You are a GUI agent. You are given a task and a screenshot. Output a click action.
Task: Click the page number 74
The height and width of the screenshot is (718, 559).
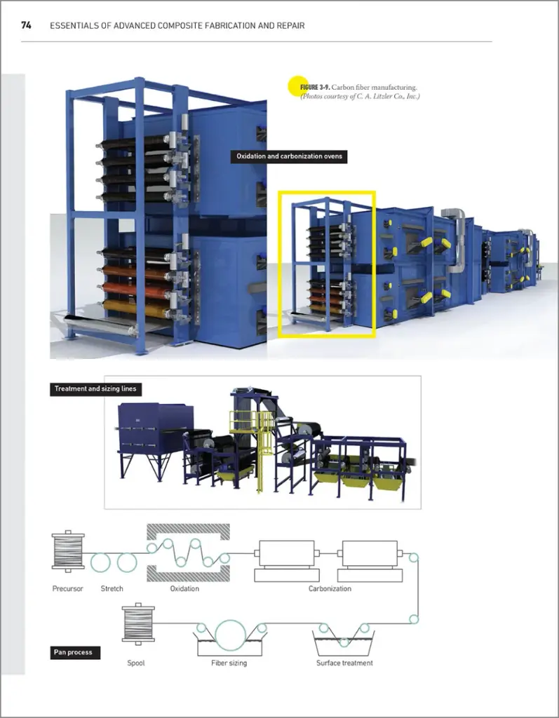(26, 25)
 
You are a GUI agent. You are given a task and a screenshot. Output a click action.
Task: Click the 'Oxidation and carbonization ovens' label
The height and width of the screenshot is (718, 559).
(288, 156)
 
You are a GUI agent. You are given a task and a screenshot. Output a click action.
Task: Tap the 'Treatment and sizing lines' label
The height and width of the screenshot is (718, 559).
(95, 388)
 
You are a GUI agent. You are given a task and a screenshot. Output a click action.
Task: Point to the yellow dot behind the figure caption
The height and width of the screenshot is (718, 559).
(297, 86)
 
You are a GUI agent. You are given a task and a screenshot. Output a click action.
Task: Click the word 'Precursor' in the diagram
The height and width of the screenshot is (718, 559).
(68, 588)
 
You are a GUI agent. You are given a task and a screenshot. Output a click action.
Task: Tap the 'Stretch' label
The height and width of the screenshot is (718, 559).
(112, 588)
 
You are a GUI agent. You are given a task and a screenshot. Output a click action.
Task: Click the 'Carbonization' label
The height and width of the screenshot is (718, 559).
(330, 588)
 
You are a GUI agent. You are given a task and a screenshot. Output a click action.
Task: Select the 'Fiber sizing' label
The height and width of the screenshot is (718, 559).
(229, 663)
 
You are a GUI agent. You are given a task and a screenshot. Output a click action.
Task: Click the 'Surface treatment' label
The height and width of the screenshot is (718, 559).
(344, 663)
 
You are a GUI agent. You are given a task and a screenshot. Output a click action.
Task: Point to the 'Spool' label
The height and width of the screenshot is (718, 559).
(136, 663)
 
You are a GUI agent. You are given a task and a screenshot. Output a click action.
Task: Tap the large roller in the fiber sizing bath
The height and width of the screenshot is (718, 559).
(231, 633)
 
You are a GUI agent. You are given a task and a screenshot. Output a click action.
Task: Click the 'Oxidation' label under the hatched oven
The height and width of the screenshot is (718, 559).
(184, 588)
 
